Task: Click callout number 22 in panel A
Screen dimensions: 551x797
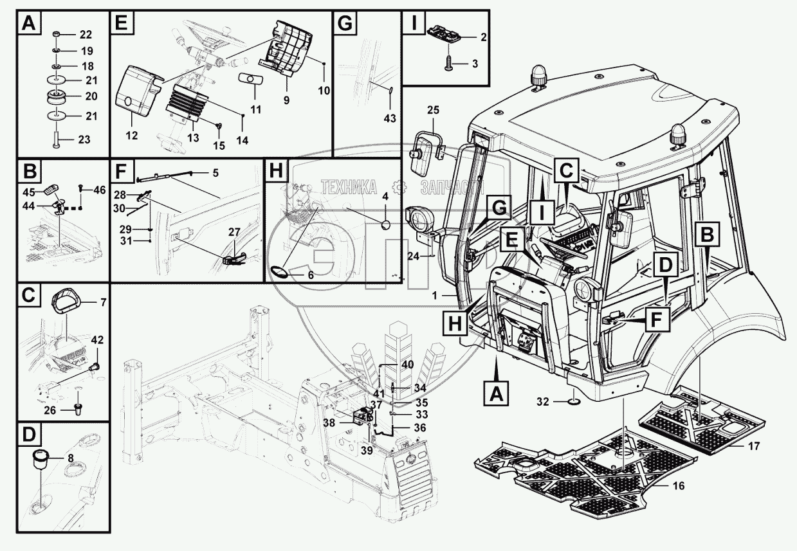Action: [x=86, y=35]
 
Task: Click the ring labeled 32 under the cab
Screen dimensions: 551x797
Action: [x=573, y=403]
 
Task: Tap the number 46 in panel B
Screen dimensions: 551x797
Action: [x=99, y=190]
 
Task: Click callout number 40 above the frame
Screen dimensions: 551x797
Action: [x=407, y=365]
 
